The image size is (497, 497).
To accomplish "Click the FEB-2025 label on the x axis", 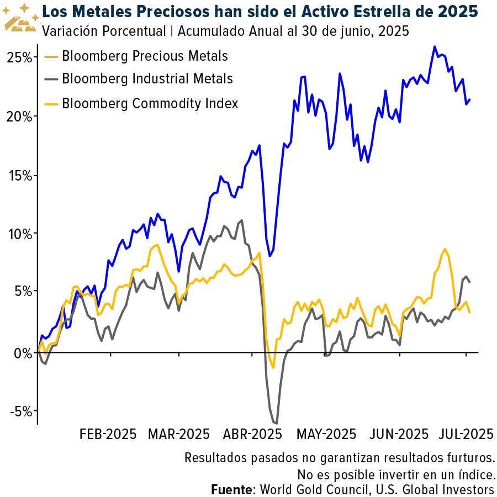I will tap(108, 433).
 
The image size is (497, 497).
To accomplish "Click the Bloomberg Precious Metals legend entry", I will tap(145, 56).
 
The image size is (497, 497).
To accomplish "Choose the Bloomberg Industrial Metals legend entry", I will tap(147, 79).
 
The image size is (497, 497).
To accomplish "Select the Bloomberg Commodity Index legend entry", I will tap(150, 103).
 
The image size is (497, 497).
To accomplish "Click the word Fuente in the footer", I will tap(231, 489).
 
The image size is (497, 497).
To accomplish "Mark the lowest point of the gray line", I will tap(276, 424).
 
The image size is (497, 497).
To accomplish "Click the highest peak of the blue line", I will tap(435, 47).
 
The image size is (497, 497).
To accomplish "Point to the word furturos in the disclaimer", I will tap(468, 458).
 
